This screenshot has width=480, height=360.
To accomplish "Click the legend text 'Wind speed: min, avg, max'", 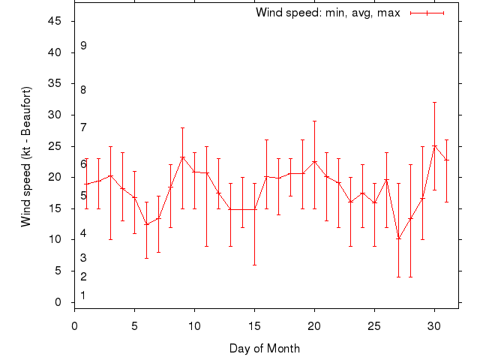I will click(x=328, y=13).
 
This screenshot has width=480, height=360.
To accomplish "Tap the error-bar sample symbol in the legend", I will click(x=427, y=13).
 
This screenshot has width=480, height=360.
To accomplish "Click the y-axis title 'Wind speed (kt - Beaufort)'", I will click(x=26, y=157).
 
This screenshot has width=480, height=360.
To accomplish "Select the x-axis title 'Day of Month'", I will click(x=264, y=348).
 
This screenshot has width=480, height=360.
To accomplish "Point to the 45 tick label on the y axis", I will click(x=55, y=21).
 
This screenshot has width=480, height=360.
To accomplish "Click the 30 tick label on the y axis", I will click(x=55, y=115).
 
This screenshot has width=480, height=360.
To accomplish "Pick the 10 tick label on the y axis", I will click(x=55, y=239).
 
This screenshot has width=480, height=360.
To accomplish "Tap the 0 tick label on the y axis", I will click(x=58, y=302).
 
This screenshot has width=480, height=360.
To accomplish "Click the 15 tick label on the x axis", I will click(x=255, y=326).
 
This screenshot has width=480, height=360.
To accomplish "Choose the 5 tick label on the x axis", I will click(x=135, y=326).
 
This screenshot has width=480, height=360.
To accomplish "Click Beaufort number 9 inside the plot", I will click(x=83, y=46).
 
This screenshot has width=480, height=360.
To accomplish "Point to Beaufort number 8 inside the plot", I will click(x=83, y=90).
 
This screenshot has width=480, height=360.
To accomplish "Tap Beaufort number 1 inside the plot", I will click(x=83, y=295).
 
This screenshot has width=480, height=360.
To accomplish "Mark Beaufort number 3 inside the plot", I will click(x=83, y=258).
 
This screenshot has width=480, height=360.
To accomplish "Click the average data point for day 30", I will click(x=435, y=146).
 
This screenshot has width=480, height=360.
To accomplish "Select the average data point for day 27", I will click(x=399, y=238).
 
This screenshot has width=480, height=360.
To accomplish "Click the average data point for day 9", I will click(x=182, y=157).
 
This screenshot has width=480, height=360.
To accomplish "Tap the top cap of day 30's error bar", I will click(x=435, y=102).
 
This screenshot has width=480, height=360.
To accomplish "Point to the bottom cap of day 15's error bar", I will click(x=255, y=265).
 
